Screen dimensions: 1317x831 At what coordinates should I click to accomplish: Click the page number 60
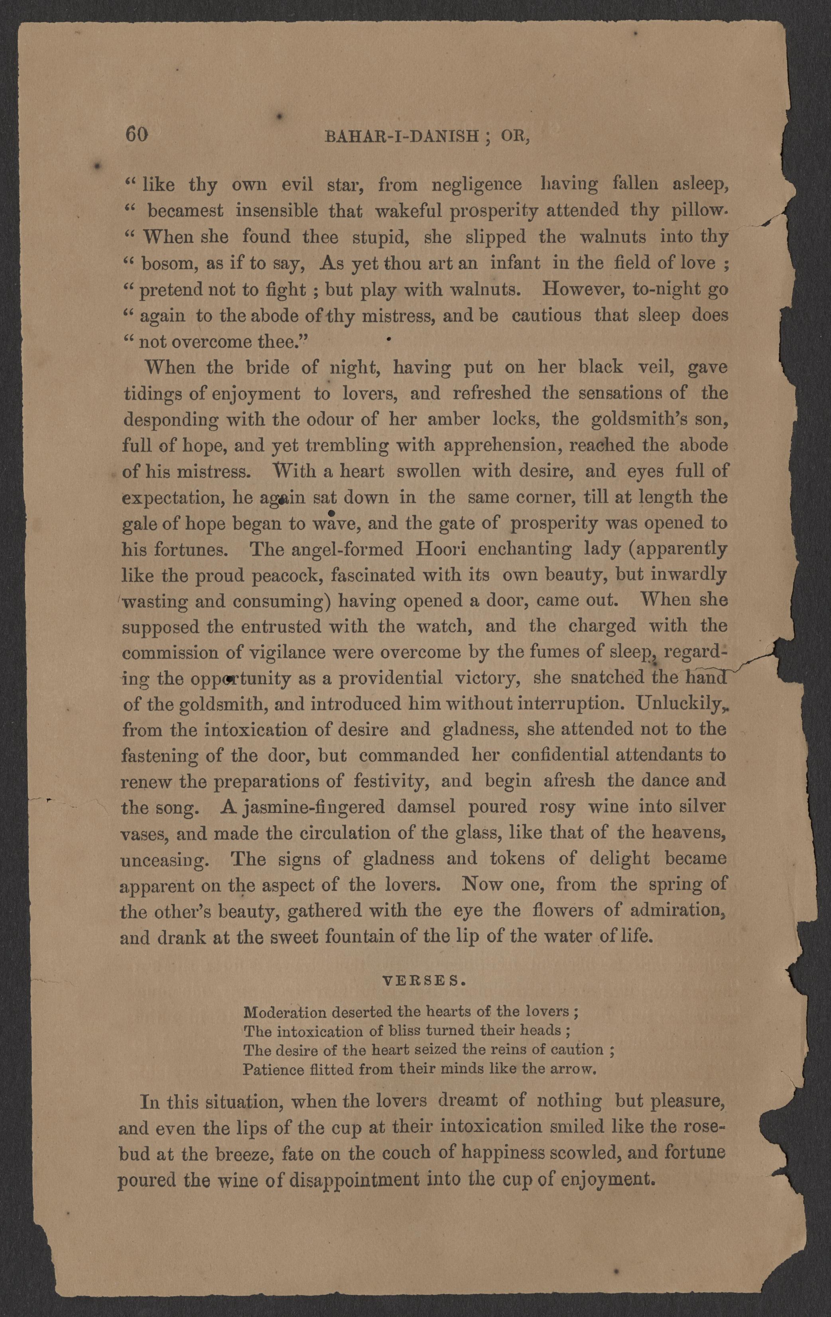click(137, 135)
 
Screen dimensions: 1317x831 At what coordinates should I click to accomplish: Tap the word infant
click(515, 263)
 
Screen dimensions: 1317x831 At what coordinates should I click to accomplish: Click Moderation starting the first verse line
click(284, 1012)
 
